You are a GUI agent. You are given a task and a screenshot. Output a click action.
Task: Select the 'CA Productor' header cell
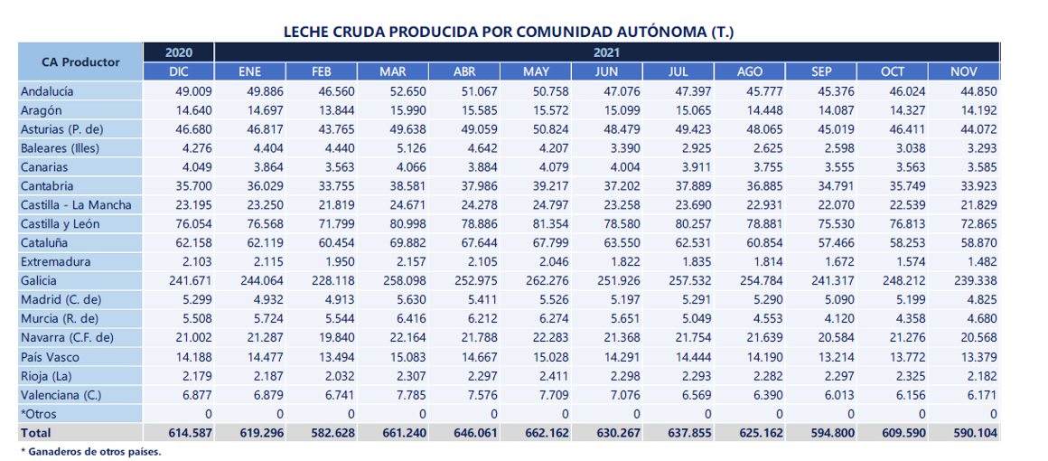pos(80,61)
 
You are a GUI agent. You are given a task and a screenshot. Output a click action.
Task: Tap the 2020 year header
pos(179,52)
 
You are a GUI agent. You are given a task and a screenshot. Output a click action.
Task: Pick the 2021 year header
pos(607,52)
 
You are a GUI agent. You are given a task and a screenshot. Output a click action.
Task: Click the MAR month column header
pos(392,71)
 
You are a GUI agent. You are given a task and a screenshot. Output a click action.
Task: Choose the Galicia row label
pos(39,281)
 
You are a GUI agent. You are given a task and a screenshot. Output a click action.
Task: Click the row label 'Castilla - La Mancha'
pos(76,205)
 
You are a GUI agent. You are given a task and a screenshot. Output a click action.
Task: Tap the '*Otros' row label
pos(39,413)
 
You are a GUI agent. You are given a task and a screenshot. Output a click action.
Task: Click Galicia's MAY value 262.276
pos(546,281)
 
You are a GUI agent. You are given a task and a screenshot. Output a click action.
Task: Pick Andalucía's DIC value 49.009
pos(194,91)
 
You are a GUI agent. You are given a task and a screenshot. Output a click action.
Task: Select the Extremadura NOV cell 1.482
pos(982,261)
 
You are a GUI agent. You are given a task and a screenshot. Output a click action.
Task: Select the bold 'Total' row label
pos(35,433)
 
